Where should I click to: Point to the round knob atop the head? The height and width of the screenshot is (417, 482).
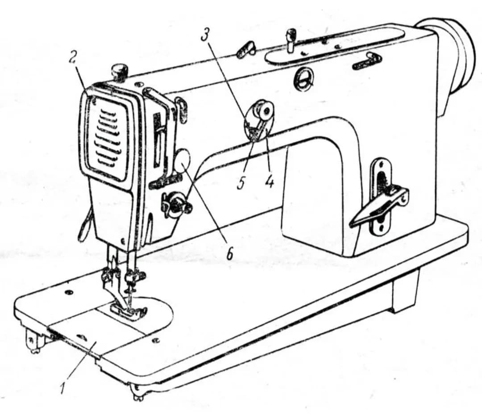(119, 70)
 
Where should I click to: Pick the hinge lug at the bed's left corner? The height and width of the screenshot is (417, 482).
(35, 341)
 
